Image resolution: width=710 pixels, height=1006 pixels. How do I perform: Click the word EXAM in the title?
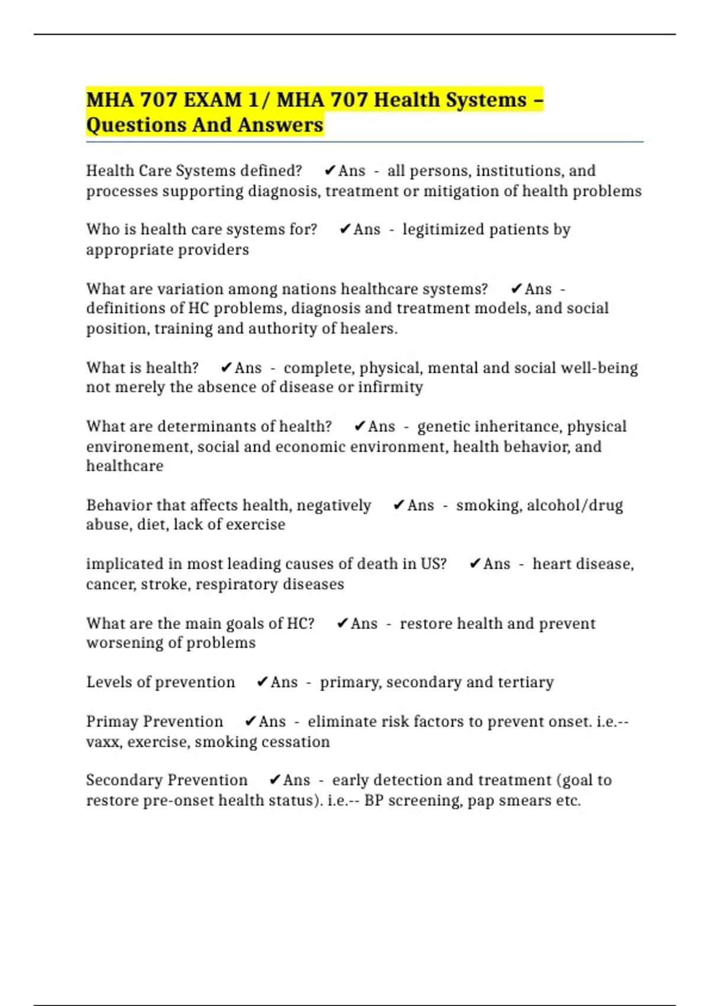click(212, 100)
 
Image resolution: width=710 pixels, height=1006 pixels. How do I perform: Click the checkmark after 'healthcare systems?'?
click(516, 289)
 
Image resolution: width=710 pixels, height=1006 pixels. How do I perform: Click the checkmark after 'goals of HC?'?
click(342, 624)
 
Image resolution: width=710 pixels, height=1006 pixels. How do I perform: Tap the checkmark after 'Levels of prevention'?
click(262, 682)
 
